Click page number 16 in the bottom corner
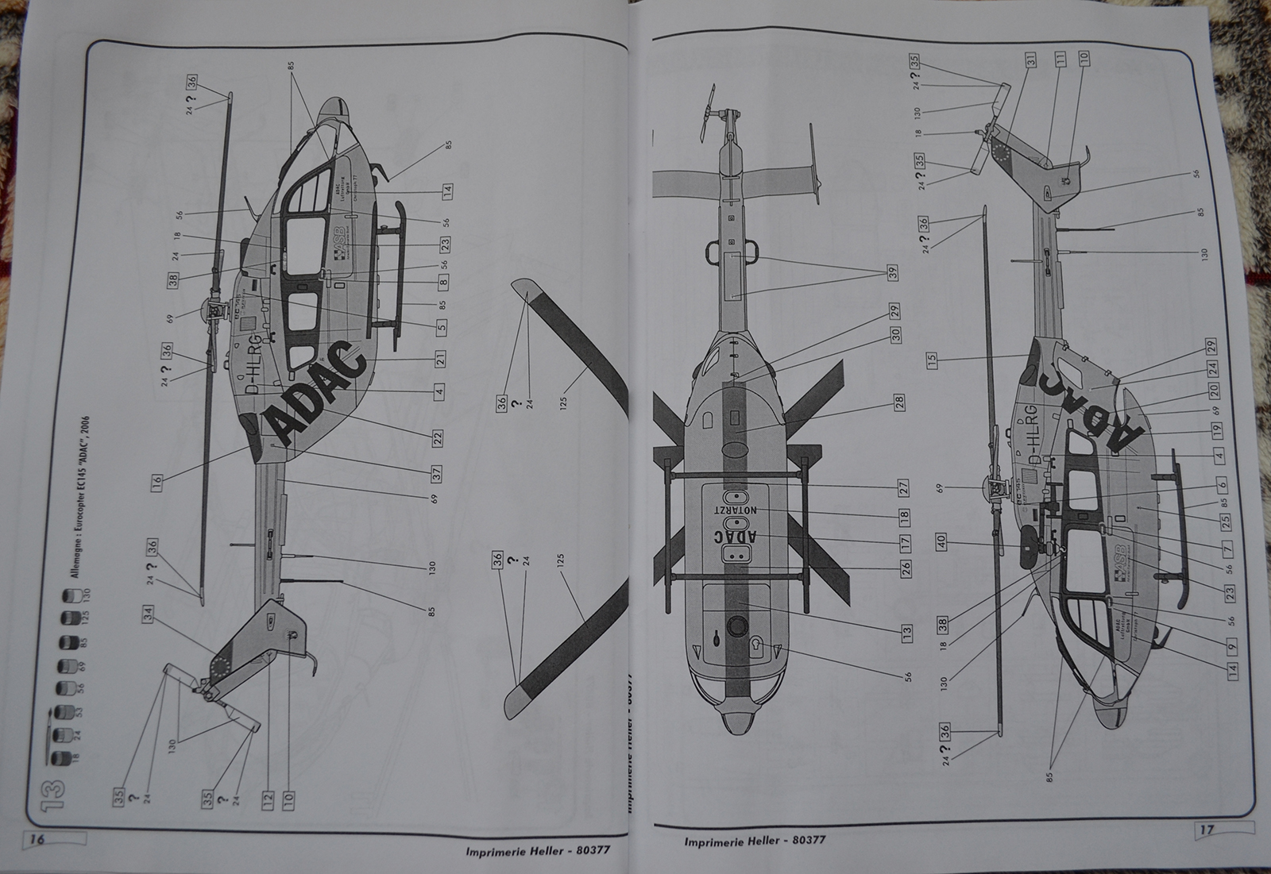[x=37, y=840]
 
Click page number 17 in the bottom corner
[x=1207, y=830]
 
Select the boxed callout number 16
[x=157, y=481]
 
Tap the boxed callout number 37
[x=437, y=475]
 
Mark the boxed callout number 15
[x=932, y=360]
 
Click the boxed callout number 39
[x=893, y=272]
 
